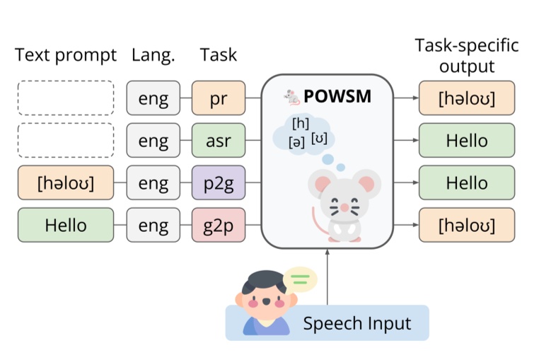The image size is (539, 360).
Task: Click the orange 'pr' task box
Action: (218, 98)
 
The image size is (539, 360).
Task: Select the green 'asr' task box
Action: (218, 141)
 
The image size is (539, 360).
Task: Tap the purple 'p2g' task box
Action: (218, 183)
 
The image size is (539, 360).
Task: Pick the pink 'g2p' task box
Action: (218, 226)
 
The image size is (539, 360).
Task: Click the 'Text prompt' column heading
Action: (66, 55)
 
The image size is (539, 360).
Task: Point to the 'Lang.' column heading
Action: (153, 55)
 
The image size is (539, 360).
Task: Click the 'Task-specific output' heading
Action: (467, 56)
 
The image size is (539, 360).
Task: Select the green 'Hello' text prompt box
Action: (66, 226)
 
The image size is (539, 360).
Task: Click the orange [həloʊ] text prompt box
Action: (66, 183)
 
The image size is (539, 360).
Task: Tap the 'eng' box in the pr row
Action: (153, 98)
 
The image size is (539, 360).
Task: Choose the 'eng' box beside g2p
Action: (153, 226)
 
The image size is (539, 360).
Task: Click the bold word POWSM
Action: (337, 96)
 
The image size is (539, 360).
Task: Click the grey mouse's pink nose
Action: (344, 207)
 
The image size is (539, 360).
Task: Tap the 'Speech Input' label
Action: (357, 324)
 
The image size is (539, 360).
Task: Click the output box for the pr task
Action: (467, 98)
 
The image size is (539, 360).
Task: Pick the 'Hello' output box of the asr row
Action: (467, 141)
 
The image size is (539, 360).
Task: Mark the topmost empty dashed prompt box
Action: (66, 98)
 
